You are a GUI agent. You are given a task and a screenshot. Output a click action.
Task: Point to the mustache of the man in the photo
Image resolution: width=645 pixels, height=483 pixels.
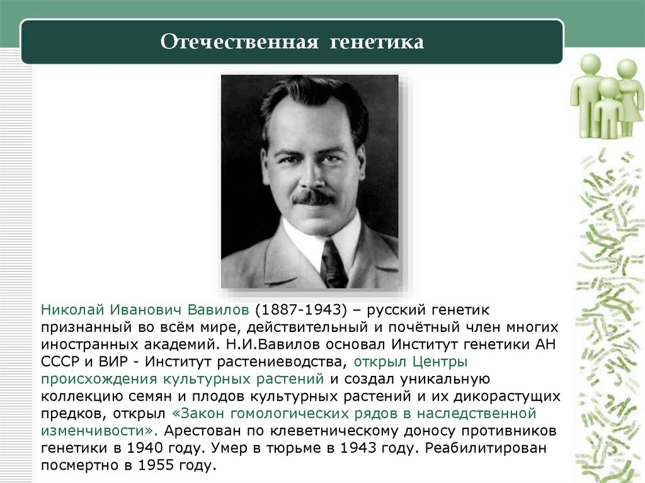pyautogui.click(x=313, y=197)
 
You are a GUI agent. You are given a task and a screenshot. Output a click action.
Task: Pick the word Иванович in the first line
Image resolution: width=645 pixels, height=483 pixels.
pyautogui.click(x=147, y=310)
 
